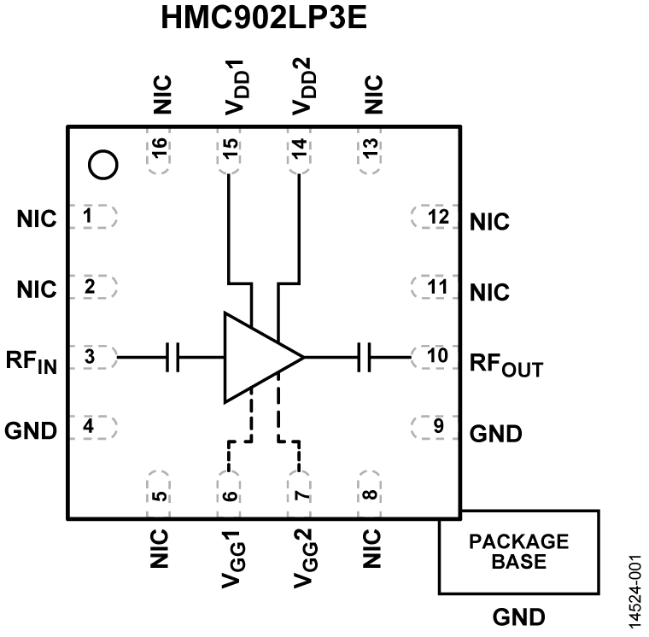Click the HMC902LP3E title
click(264, 20)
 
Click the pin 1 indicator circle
click(102, 164)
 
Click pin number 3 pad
click(92, 356)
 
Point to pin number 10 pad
click(436, 356)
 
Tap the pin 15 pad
click(228, 154)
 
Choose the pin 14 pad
click(299, 154)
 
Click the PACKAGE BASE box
click(518, 552)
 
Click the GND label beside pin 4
click(31, 430)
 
